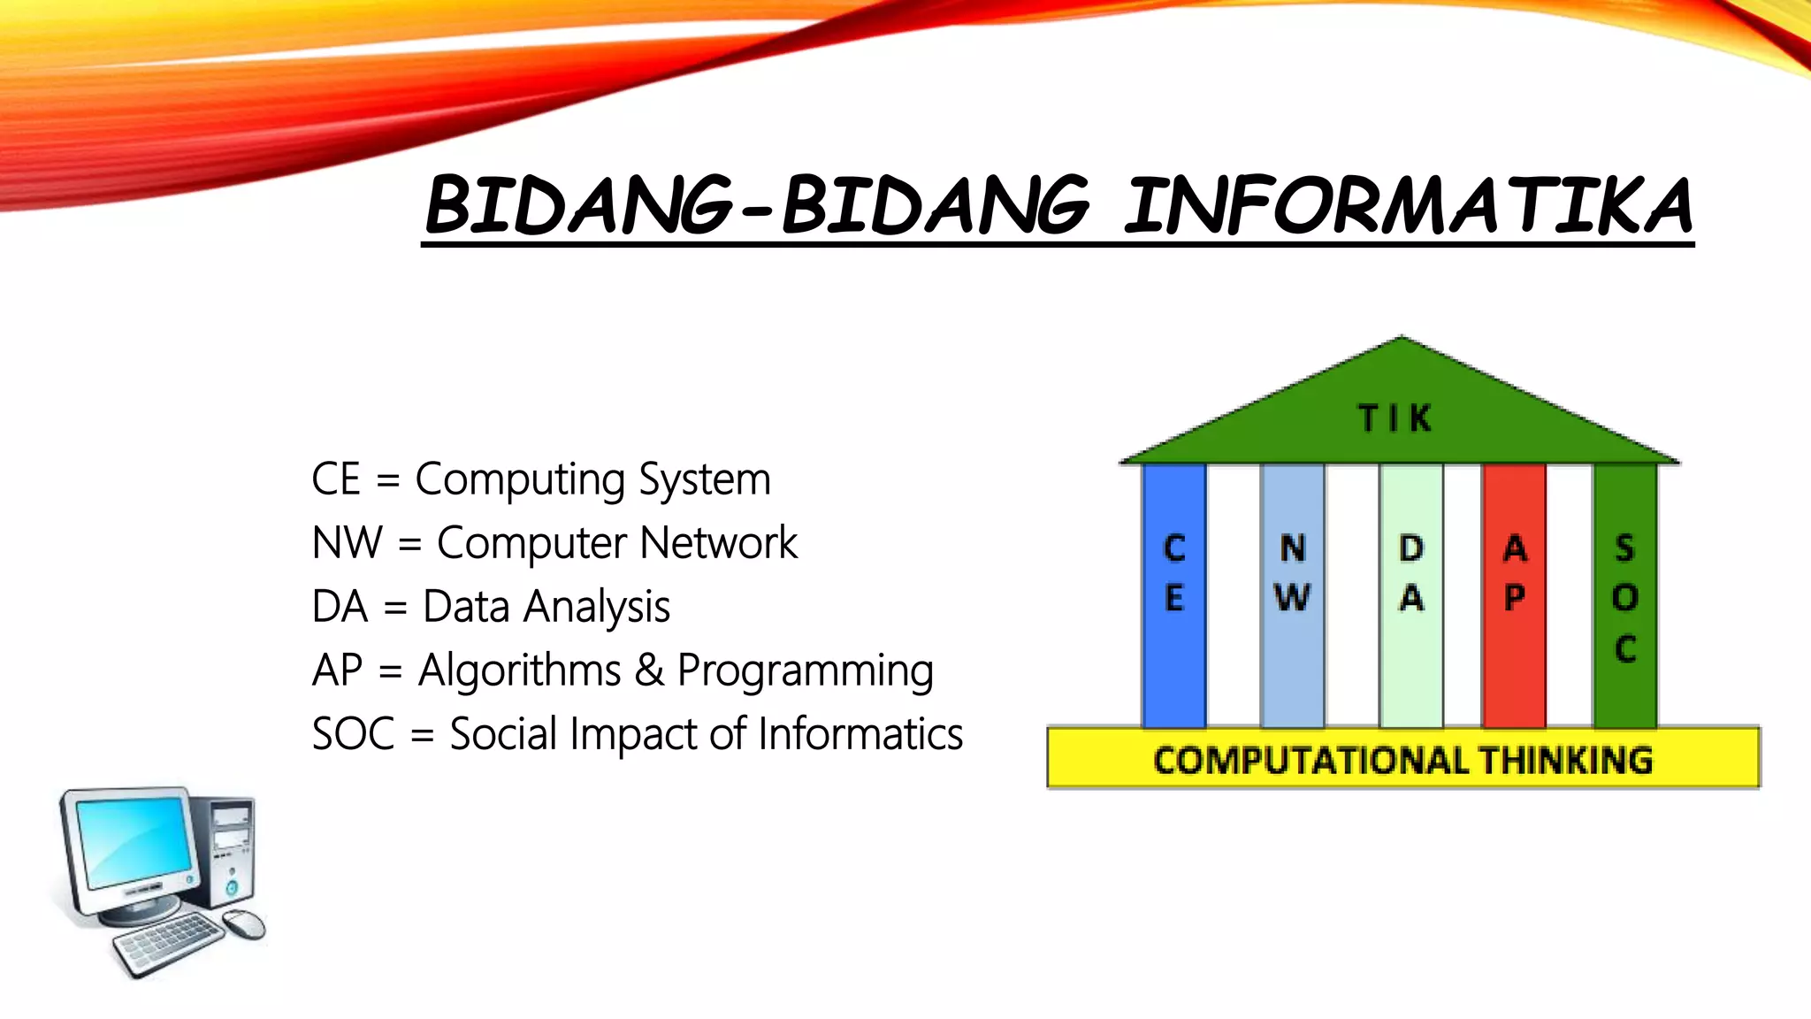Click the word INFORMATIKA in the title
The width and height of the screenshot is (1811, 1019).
tap(1408, 205)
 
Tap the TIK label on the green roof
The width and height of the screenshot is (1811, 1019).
tap(1395, 418)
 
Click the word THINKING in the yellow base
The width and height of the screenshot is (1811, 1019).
tap(1565, 760)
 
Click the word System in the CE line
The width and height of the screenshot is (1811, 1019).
tap(705, 480)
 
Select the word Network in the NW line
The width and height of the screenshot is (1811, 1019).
tap(718, 543)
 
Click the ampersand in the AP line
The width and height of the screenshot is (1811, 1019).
tap(649, 670)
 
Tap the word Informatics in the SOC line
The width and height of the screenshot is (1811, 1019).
tap(860, 734)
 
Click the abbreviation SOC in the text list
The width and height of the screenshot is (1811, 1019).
tap(353, 734)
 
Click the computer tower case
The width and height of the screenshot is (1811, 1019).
tap(226, 849)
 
